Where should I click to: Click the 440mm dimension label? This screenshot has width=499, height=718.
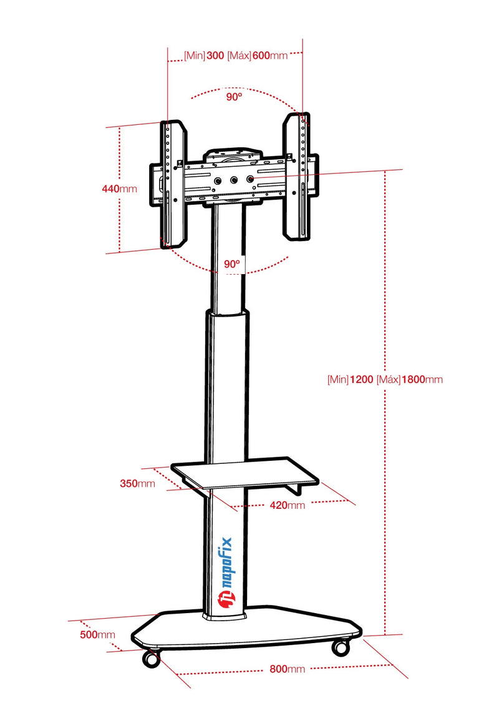pyautogui.click(x=120, y=189)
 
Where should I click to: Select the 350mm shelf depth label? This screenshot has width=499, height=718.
pyautogui.click(x=137, y=483)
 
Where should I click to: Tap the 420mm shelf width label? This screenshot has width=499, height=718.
pyautogui.click(x=288, y=505)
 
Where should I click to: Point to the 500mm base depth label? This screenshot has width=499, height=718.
pyautogui.click(x=98, y=634)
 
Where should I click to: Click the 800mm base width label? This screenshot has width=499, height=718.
pyautogui.click(x=287, y=669)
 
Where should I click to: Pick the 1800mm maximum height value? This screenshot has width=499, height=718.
pyautogui.click(x=422, y=379)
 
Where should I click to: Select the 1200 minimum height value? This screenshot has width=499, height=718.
pyautogui.click(x=361, y=379)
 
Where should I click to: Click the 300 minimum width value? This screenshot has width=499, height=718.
pyautogui.click(x=215, y=56)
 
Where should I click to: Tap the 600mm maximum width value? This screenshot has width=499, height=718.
pyautogui.click(x=269, y=56)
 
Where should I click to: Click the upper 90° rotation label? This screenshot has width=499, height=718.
pyautogui.click(x=234, y=97)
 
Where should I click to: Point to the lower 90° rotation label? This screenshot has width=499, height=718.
pyautogui.click(x=232, y=264)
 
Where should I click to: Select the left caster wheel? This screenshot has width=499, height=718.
pyautogui.click(x=152, y=658)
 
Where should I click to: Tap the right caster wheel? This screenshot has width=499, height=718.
pyautogui.click(x=341, y=647)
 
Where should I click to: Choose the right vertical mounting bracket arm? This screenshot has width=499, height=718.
pyautogui.click(x=297, y=176)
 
